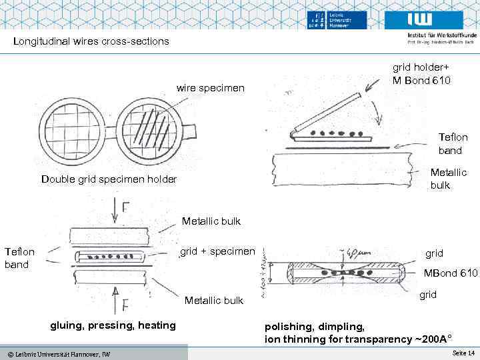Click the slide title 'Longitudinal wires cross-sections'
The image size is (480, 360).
click(91, 41)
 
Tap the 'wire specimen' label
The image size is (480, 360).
click(210, 88)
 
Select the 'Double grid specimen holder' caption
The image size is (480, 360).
click(109, 179)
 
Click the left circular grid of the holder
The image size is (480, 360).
click(72, 127)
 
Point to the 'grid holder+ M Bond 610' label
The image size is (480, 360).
click(421, 74)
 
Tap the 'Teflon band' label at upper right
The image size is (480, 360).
click(453, 143)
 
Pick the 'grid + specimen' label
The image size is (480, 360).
click(217, 251)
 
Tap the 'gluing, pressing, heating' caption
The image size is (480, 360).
click(113, 325)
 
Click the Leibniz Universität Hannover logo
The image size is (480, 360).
click(338, 21)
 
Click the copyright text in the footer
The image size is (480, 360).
click(55, 353)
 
